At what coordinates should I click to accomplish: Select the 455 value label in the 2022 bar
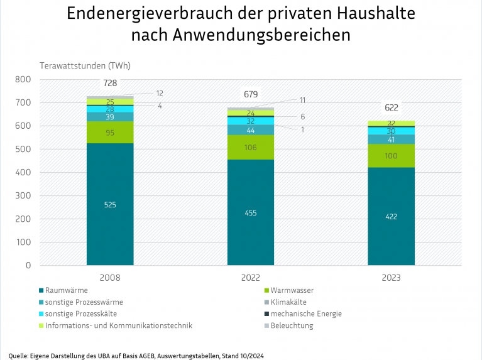point(250,213)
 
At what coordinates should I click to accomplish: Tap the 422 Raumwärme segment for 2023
point(391,217)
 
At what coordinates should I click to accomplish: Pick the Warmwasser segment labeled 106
point(250,148)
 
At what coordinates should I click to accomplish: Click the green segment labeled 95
point(110,133)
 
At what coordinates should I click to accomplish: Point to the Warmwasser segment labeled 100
point(391,156)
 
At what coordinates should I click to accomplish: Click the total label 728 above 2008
point(110,84)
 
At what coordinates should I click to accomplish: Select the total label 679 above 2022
point(251,95)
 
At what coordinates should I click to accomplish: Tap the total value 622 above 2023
point(391,108)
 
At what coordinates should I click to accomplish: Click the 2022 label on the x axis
point(250,277)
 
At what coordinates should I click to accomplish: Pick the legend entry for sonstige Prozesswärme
point(80,302)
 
